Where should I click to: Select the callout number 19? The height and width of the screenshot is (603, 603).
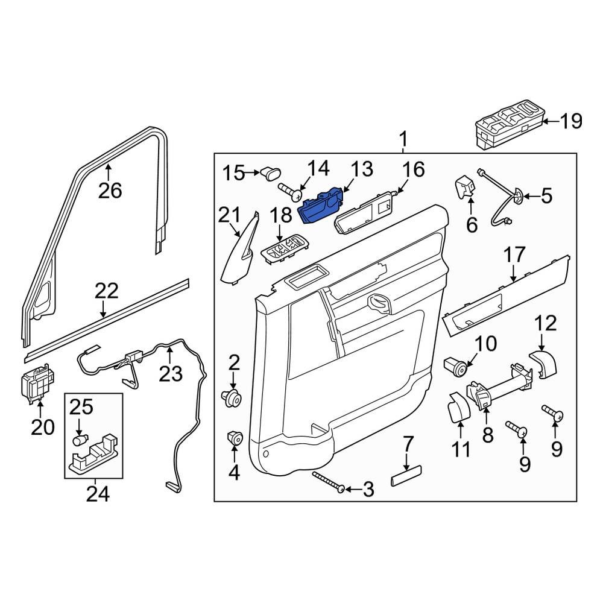570,122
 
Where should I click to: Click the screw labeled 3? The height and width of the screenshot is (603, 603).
329,482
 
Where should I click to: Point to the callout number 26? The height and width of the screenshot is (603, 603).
110,191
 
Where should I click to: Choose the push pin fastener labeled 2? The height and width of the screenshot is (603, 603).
233,397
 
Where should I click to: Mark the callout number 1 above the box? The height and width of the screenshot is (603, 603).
403,141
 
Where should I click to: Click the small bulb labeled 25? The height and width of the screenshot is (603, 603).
78,441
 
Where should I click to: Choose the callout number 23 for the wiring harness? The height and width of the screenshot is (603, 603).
170,374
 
